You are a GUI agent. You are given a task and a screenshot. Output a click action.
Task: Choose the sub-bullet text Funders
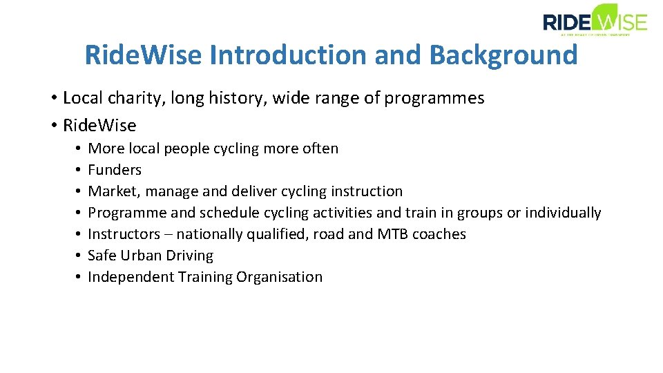point(115,170)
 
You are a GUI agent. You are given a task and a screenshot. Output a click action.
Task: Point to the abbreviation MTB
point(392,234)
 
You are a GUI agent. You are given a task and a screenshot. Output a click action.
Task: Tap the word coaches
point(439,234)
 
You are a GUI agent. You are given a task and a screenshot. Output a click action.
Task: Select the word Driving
point(191,256)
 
